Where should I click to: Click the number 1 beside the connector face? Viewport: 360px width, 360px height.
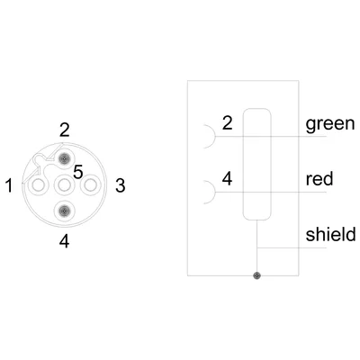coord(10,185)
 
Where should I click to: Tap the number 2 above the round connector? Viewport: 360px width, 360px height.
coord(65,130)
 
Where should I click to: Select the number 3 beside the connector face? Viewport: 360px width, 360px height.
coord(121,185)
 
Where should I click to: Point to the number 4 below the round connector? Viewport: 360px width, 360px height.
coord(65,241)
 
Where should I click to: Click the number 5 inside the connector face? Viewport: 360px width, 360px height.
coord(78,173)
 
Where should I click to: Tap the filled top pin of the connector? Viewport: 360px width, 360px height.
coord(64,158)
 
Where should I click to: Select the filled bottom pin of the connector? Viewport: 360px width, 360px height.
coord(64,211)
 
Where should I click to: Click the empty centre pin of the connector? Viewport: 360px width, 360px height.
coord(64,185)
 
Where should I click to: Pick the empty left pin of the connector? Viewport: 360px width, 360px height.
coord(38,185)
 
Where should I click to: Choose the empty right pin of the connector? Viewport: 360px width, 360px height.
coord(90,185)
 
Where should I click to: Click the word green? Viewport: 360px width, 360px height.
coord(330,124)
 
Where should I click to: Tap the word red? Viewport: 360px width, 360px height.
coord(319,179)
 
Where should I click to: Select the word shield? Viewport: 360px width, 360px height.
coord(331,234)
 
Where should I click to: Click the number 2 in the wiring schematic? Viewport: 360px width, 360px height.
coord(228,122)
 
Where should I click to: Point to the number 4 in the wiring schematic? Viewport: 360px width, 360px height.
coord(228,178)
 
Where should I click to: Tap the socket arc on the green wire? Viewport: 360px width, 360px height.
coord(215,137)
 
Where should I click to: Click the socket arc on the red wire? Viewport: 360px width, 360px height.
coord(215,192)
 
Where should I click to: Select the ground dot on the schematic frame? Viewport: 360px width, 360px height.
coord(256,275)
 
